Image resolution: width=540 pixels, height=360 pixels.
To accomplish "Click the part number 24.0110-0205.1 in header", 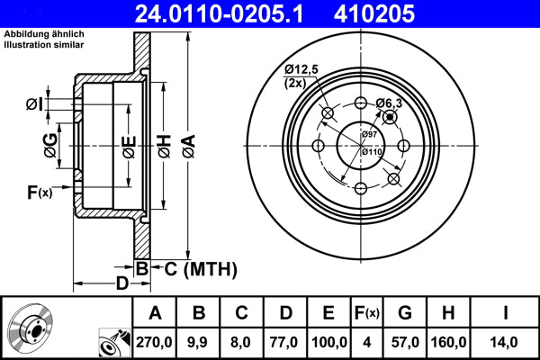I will point(229,13).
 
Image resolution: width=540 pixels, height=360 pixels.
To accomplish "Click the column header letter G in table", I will point(405,313).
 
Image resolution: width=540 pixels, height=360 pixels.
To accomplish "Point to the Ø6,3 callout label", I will point(388,103).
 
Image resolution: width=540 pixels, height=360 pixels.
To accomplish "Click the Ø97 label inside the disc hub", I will point(369,134).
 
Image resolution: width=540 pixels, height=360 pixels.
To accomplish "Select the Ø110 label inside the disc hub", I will point(371,151).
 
